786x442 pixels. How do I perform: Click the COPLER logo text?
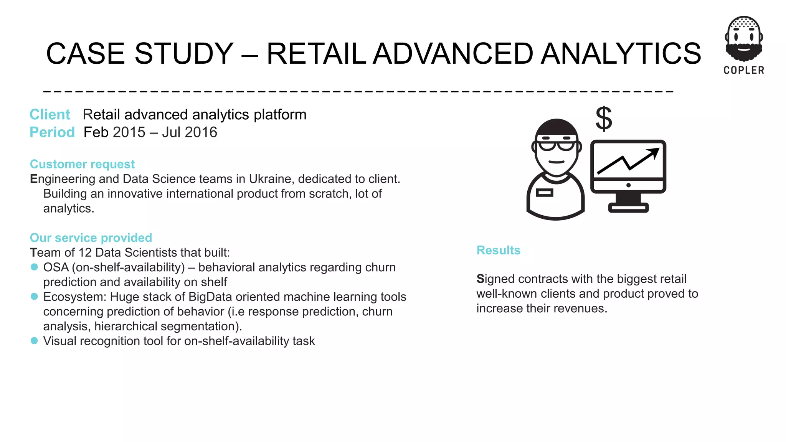tap(744, 70)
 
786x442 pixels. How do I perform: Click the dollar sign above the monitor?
tap(604, 119)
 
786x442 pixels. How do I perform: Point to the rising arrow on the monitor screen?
tap(629, 161)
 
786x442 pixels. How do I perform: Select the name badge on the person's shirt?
tap(544, 193)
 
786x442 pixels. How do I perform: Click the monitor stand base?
tap(628, 208)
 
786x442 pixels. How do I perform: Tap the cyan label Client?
tap(50, 115)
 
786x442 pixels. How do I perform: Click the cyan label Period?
tap(52, 132)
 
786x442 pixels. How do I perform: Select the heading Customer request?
tap(82, 164)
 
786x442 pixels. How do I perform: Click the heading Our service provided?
tap(91, 238)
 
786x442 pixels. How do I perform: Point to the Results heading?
tap(498, 250)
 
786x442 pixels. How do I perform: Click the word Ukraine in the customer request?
tap(272, 179)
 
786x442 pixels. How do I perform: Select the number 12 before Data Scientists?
tap(85, 253)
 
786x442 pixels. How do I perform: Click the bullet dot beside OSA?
tap(34, 267)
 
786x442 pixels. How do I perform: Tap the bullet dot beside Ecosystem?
tap(34, 297)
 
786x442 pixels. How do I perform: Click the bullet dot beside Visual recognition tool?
tap(34, 341)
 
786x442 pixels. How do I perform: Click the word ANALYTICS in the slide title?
tap(621, 54)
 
